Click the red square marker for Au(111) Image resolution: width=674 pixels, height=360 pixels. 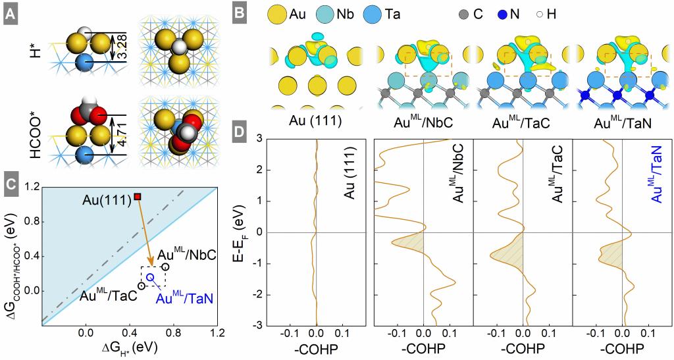(137, 197)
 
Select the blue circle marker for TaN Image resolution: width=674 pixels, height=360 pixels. (150, 278)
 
